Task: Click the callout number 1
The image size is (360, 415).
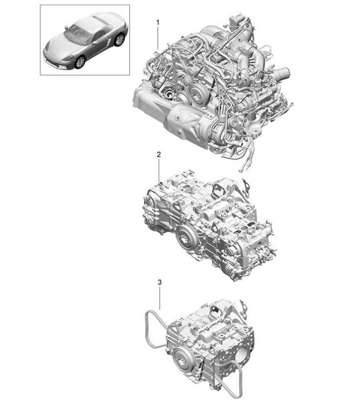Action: [157, 23]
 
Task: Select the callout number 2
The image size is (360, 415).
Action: [159, 154]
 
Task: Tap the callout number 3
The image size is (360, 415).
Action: [159, 283]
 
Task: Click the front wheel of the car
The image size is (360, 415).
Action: [80, 63]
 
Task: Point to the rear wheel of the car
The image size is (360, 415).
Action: [119, 40]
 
